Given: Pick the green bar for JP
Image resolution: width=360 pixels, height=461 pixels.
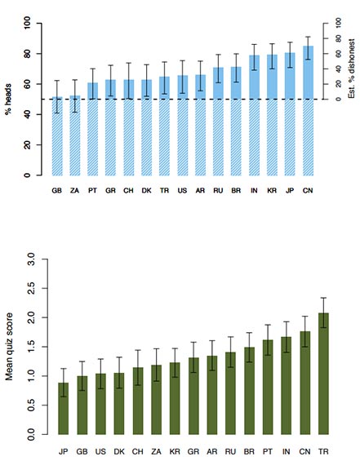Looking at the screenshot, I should point(64,409).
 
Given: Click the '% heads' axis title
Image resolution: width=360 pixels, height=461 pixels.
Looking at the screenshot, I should point(12,100).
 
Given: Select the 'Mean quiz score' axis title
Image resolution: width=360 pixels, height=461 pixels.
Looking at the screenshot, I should point(11,347).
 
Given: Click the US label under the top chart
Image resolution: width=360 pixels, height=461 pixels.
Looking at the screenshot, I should point(182,191).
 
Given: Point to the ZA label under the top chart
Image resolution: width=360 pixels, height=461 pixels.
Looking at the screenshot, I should point(74,191).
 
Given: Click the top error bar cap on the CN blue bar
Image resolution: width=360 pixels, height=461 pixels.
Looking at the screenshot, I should point(308,37).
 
